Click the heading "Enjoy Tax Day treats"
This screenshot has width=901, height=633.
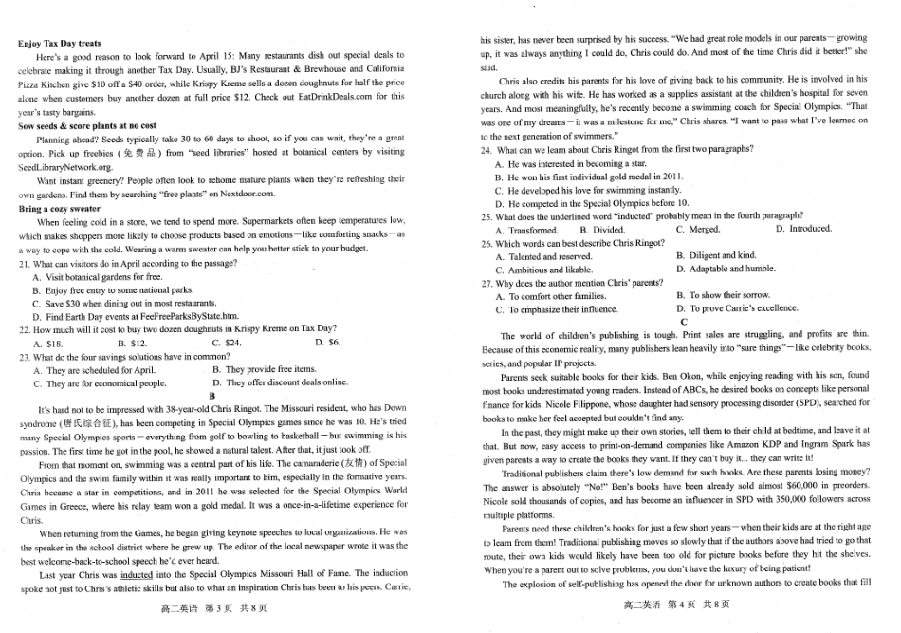[x=60, y=44]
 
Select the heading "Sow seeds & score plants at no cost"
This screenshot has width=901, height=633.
[x=87, y=125]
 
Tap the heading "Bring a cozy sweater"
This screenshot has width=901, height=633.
[x=59, y=208]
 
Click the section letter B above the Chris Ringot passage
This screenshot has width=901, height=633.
[x=212, y=396]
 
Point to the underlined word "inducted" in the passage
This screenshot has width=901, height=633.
[x=137, y=574]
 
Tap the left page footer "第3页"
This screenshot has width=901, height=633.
[x=214, y=607]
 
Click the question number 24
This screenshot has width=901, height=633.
[x=487, y=150]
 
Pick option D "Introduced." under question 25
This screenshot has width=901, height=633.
[x=802, y=229]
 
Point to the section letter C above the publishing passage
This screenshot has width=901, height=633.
[x=683, y=322]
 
